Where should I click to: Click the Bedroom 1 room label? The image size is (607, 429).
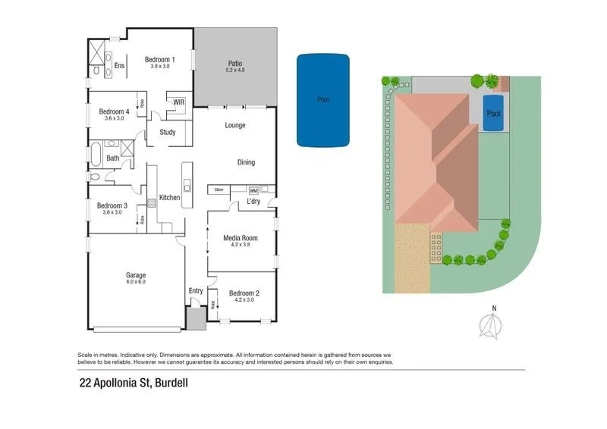point(159,60)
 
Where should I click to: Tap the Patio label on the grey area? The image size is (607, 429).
point(235,64)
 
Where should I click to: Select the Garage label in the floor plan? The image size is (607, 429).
point(136,275)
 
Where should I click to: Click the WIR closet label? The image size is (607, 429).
point(179,102)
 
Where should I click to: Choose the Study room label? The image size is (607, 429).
point(168,133)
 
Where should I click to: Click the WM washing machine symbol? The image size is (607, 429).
point(253,190)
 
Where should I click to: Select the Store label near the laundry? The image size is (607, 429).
point(220,189)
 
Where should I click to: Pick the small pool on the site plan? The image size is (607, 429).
point(494,114)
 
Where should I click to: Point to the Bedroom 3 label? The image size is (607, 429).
point(112,205)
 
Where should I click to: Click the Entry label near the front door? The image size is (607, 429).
point(196,290)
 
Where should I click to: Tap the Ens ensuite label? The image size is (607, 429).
point(119,66)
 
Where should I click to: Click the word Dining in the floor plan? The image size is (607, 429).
point(246,162)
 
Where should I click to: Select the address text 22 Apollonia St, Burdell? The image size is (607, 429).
point(134,383)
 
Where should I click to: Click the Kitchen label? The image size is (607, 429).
point(169,198)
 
